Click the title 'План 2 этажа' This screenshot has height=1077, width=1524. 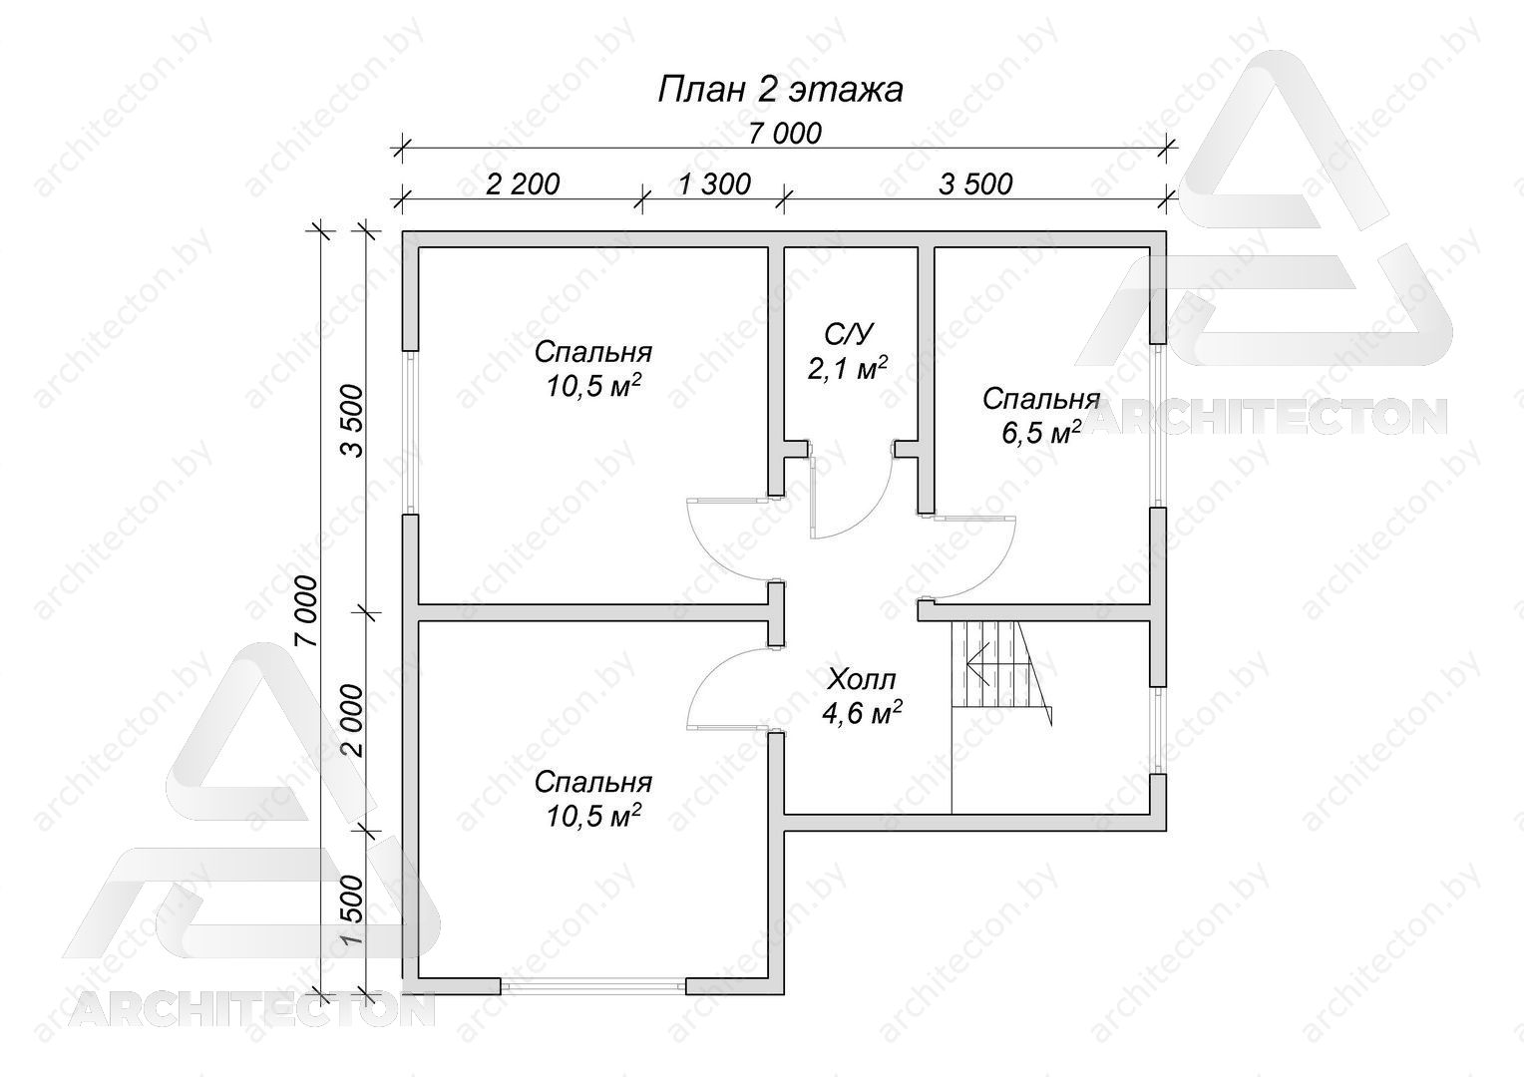point(780,90)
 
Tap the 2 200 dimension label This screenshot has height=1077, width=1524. point(522,184)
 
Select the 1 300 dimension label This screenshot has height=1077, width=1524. point(714,184)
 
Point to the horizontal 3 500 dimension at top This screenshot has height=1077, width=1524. point(975,184)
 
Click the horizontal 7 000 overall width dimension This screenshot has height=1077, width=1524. point(785,134)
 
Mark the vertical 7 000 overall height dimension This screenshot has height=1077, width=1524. point(307,610)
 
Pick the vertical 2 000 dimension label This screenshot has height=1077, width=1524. point(353,721)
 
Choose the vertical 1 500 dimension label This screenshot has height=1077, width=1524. point(353,911)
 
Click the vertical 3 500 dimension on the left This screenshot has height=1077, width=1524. point(353,421)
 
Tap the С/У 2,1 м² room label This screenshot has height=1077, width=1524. point(848,352)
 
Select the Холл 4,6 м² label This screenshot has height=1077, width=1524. point(862,696)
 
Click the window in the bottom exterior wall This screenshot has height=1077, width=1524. point(593,986)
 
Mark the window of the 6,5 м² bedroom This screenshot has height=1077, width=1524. point(1158,425)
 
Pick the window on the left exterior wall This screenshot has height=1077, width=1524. point(410,432)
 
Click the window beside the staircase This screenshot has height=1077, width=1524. point(1158,730)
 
